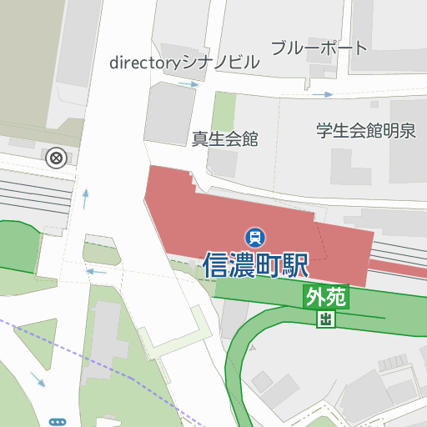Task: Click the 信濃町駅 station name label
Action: point(255,265)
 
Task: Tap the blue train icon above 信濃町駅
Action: point(254,237)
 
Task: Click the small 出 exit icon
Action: point(325,319)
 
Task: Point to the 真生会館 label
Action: point(224,139)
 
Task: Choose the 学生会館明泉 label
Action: point(365,131)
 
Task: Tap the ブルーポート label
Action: point(319,48)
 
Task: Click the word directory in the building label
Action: point(145,63)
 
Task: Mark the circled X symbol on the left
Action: point(56,158)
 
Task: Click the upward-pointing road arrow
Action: point(85,198)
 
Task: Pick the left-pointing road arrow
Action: point(96,271)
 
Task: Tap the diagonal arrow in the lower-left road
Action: point(38,379)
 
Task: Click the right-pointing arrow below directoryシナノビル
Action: point(189,84)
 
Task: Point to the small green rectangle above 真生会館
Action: point(224,111)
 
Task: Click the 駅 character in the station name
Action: point(295,265)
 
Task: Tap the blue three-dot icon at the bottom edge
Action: point(57,422)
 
